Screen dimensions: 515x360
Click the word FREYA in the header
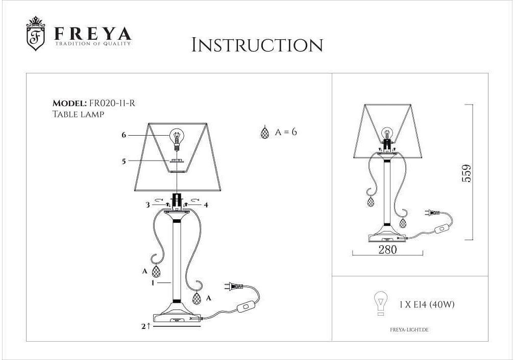click(x=92, y=34)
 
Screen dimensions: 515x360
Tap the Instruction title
click(x=257, y=45)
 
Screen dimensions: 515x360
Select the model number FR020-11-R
click(x=112, y=103)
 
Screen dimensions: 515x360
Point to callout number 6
click(x=124, y=135)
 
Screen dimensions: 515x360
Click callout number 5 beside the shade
click(x=124, y=161)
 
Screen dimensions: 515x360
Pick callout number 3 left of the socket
click(x=148, y=205)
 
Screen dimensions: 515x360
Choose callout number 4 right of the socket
click(x=206, y=205)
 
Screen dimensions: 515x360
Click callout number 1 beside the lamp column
click(x=153, y=282)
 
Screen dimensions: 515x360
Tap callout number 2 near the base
click(x=143, y=326)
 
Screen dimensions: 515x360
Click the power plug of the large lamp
click(x=233, y=287)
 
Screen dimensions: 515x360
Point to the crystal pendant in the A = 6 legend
click(x=264, y=132)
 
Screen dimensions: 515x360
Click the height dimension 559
click(x=467, y=173)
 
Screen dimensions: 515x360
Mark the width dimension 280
click(x=387, y=249)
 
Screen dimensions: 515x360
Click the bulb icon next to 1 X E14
click(x=381, y=303)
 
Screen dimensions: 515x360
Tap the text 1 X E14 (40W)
click(x=427, y=304)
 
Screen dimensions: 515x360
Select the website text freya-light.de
click(x=409, y=330)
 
